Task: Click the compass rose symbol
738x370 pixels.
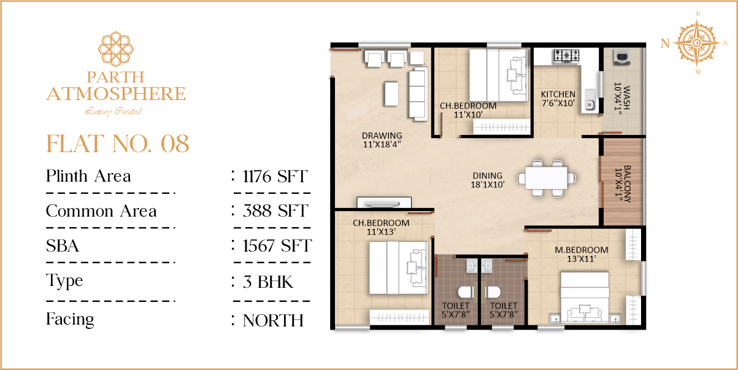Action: tap(696, 43)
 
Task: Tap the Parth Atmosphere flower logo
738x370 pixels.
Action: tap(116, 48)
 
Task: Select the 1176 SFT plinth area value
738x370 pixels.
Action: tap(275, 176)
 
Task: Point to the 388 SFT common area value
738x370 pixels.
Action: tap(275, 211)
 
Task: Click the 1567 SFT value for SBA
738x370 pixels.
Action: tap(277, 246)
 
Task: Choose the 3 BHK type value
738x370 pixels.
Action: tap(267, 282)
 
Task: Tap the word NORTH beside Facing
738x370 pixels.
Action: tap(273, 320)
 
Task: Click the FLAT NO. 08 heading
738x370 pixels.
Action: tap(118, 144)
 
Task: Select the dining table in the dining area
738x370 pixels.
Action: tap(546, 178)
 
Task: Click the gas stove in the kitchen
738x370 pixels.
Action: tap(566, 56)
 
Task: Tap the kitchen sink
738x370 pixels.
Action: tap(590, 100)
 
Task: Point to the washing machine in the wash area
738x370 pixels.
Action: tap(622, 57)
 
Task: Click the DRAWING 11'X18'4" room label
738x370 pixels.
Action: tap(382, 140)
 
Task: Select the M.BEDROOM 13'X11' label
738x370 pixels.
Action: tap(582, 255)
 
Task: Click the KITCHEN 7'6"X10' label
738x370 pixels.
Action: tap(558, 99)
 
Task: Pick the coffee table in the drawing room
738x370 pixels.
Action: tap(391, 94)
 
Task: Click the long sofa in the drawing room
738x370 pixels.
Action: tap(418, 94)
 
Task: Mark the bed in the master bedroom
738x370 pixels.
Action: tap(585, 296)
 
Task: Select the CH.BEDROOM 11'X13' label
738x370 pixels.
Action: tap(381, 227)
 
